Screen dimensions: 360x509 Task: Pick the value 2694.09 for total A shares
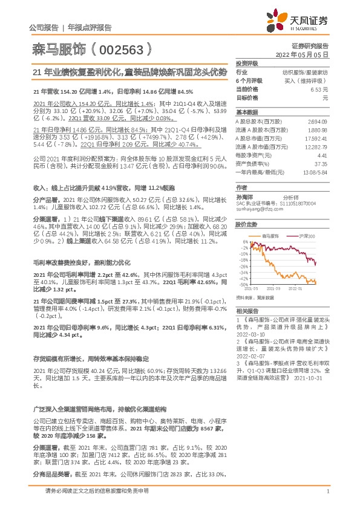[x=317, y=122]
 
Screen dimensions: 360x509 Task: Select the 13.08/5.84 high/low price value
[x=315, y=171]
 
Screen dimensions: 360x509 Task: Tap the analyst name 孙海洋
[x=245, y=197]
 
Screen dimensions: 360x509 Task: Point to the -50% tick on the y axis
[x=243, y=284]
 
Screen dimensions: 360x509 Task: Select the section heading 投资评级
[x=246, y=63]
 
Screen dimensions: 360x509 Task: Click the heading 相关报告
[x=246, y=310]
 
